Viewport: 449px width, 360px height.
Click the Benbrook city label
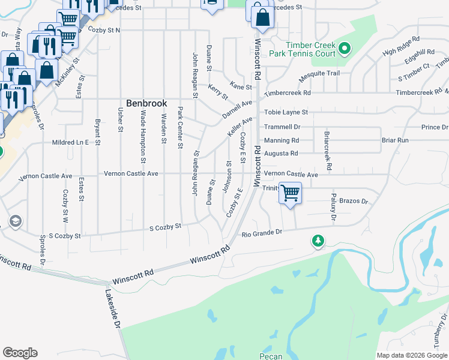pyautogui.click(x=146, y=103)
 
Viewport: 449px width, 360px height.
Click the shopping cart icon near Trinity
pyautogui.click(x=290, y=193)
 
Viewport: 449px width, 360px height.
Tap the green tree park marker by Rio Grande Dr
pyautogui.click(x=318, y=241)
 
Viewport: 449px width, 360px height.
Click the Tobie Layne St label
pyautogui.click(x=286, y=112)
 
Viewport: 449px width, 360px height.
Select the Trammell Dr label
pyautogui.click(x=282, y=127)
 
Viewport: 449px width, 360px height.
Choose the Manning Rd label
pyautogui.click(x=282, y=140)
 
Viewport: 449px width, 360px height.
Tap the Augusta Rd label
pyautogui.click(x=281, y=154)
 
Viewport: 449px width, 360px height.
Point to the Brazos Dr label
pyautogui.click(x=353, y=202)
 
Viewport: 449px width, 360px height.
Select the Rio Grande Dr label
pyautogui.click(x=261, y=233)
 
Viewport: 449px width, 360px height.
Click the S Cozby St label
pyautogui.click(x=165, y=227)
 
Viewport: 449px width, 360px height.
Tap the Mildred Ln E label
pyautogui.click(x=71, y=142)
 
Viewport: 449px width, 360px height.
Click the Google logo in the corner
pyautogui.click(x=20, y=353)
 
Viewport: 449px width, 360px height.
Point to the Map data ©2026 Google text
pyautogui.click(x=411, y=355)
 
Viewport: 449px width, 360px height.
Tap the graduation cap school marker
pyautogui.click(x=14, y=221)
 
